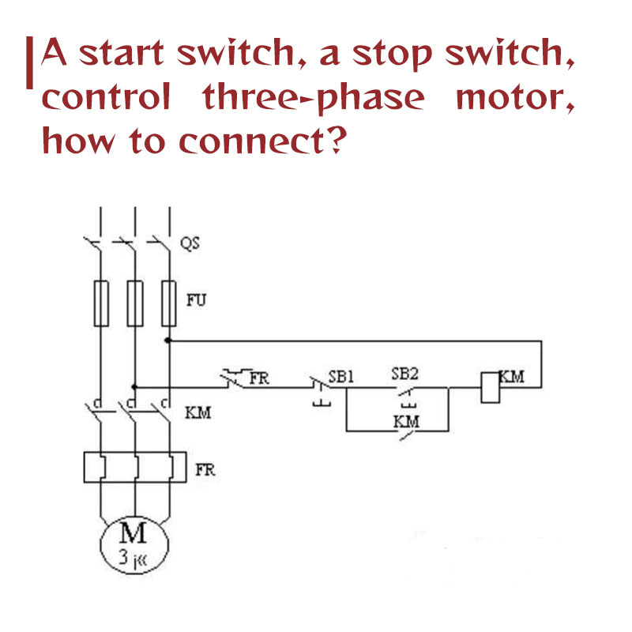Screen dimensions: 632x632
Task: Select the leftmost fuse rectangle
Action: click(100, 303)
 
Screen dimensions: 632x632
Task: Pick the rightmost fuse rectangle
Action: click(169, 303)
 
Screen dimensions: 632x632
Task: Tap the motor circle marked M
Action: click(135, 544)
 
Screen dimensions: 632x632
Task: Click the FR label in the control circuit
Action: click(259, 377)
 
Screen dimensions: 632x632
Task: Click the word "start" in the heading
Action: click(127, 55)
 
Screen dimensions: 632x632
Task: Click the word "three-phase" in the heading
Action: click(313, 97)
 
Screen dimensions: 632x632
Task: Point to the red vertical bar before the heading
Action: click(30, 63)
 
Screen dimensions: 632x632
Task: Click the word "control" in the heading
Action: click(105, 97)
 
